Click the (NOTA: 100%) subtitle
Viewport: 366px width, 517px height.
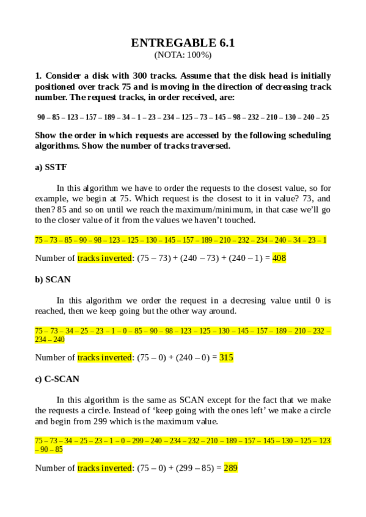point(183,55)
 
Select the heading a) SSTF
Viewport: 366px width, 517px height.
point(50,167)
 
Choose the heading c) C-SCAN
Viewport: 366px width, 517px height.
point(57,379)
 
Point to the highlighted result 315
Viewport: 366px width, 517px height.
point(226,358)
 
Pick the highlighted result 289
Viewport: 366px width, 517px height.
point(231,468)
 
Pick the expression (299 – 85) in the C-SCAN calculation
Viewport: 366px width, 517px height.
point(196,468)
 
